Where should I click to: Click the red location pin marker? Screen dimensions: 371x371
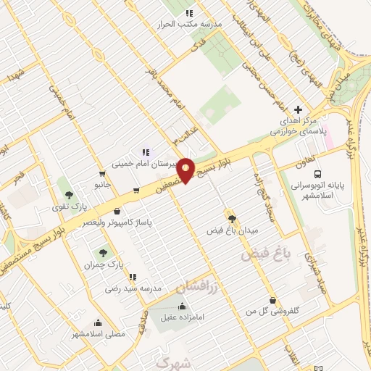pyautogui.click(x=186, y=171)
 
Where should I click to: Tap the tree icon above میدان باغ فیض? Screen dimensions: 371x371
pyautogui.click(x=232, y=218)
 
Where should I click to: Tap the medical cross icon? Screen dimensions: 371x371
pyautogui.click(x=298, y=109)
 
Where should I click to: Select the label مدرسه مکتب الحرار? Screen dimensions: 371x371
pyautogui.click(x=190, y=24)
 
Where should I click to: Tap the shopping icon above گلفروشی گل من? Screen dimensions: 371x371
pyautogui.click(x=272, y=300)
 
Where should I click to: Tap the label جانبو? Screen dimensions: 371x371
pyautogui.click(x=101, y=184)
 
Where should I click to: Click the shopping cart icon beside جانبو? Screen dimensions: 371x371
pyautogui.click(x=136, y=191)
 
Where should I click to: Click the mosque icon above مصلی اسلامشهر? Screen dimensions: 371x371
pyautogui.click(x=98, y=323)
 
